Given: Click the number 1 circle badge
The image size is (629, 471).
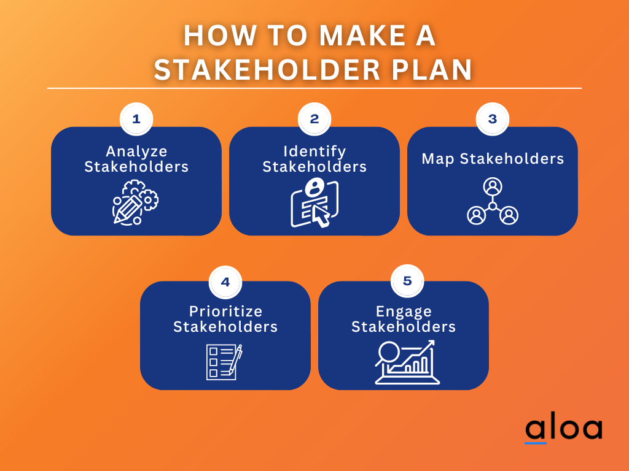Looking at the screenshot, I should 136,119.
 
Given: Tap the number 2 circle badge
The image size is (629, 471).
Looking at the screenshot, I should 314,119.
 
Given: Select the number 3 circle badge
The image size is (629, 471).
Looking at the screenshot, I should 493,119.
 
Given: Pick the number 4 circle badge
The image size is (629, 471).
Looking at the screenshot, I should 225,282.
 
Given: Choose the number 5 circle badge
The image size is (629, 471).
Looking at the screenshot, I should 407,281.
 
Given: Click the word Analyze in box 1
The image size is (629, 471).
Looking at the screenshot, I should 136,151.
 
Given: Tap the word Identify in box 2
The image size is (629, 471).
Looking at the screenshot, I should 314,151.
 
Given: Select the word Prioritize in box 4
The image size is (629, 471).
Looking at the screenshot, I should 225,311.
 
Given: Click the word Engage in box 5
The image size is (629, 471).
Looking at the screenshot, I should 404,311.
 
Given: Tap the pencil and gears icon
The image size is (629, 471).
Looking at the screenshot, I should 135,202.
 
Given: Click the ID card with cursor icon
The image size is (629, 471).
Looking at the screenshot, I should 314,202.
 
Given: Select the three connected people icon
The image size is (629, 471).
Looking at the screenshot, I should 493,202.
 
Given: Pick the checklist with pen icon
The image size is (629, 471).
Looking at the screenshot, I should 224,362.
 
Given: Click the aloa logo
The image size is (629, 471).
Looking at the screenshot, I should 563,429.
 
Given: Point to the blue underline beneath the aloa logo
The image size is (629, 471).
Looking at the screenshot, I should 536,443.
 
